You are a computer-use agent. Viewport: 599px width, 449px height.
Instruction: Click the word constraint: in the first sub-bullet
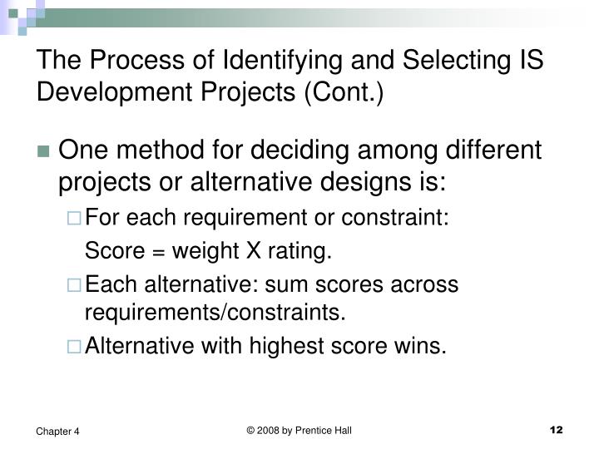[403, 218]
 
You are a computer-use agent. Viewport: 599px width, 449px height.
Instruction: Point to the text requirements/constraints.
[214, 313]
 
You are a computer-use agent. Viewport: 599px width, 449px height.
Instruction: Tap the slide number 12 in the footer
[557, 429]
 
